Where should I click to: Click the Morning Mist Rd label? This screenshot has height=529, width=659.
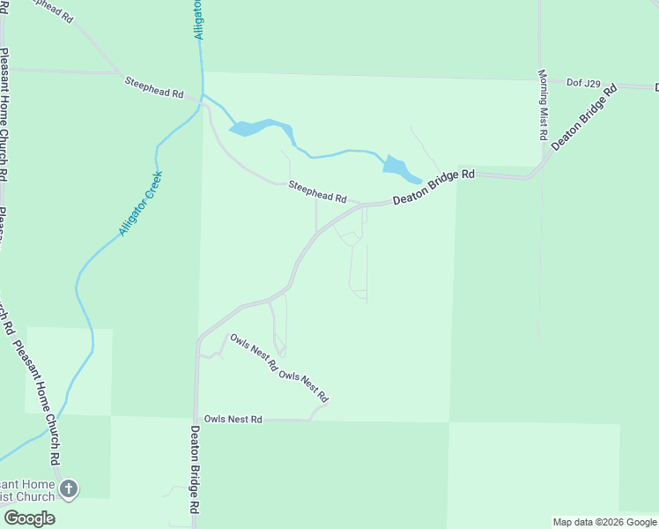point(543,106)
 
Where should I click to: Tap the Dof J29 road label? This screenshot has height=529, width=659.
point(583,84)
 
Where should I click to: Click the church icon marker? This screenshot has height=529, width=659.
point(69,488)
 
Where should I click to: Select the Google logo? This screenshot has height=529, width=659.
point(29,518)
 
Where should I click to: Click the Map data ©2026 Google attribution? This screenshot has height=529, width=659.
point(604,522)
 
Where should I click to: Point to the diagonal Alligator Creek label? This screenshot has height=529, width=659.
point(142,204)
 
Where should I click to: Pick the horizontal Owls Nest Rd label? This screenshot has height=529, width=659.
point(233,419)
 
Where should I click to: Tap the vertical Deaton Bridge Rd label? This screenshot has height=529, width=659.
point(196,472)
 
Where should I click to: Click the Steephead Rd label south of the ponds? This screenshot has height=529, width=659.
point(317,191)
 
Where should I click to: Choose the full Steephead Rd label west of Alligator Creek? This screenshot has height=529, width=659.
point(153,86)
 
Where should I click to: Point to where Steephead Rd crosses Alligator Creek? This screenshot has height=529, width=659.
point(203,96)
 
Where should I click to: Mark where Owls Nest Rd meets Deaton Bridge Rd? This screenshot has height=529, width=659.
point(195,420)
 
